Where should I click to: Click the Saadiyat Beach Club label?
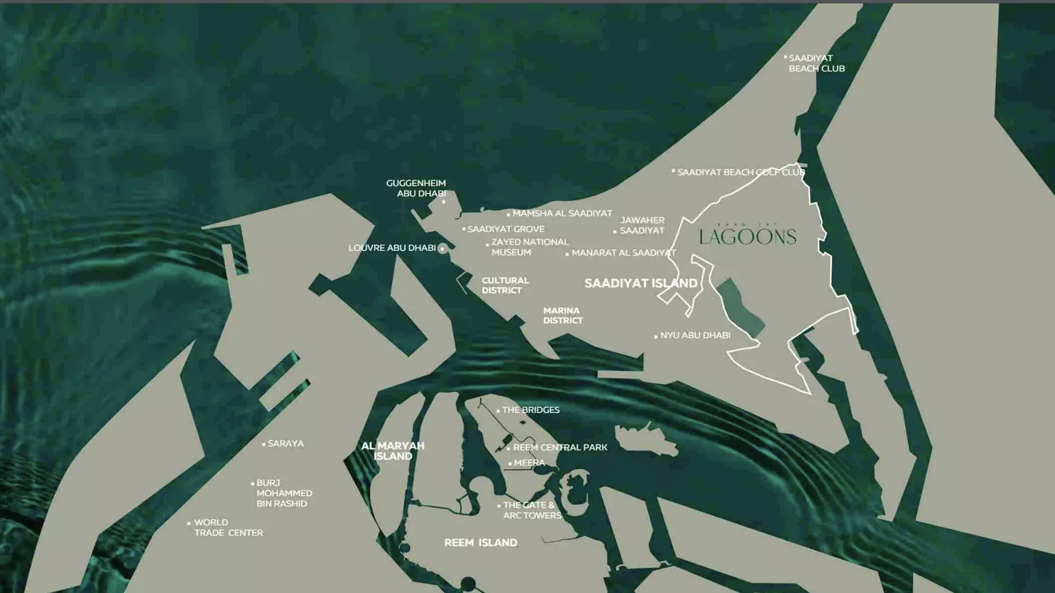pos(816,63)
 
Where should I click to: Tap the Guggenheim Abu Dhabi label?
pos(416,188)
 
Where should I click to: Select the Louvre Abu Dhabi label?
pos(392,248)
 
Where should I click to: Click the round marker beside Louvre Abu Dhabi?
pos(442,248)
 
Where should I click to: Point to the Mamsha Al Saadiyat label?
pos(562,213)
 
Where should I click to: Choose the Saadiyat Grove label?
pos(506,229)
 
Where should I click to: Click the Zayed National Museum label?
pos(529,247)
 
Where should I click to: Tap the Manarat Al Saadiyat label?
pos(623,253)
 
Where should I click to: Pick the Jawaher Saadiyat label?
pos(642,225)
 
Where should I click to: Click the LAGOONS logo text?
pos(748,237)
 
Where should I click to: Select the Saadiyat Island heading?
pos(641,283)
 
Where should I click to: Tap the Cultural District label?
pos(505,285)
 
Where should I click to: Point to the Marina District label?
pos(562,315)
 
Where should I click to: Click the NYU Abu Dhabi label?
pos(695,335)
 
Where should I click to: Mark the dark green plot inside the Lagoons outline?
pos(740,307)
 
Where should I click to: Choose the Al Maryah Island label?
pos(393,451)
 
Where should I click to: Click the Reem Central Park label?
pos(560,447)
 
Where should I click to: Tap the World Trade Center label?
pos(228,527)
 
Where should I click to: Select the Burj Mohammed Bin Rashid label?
pos(284,493)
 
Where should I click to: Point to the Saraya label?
pos(285,443)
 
